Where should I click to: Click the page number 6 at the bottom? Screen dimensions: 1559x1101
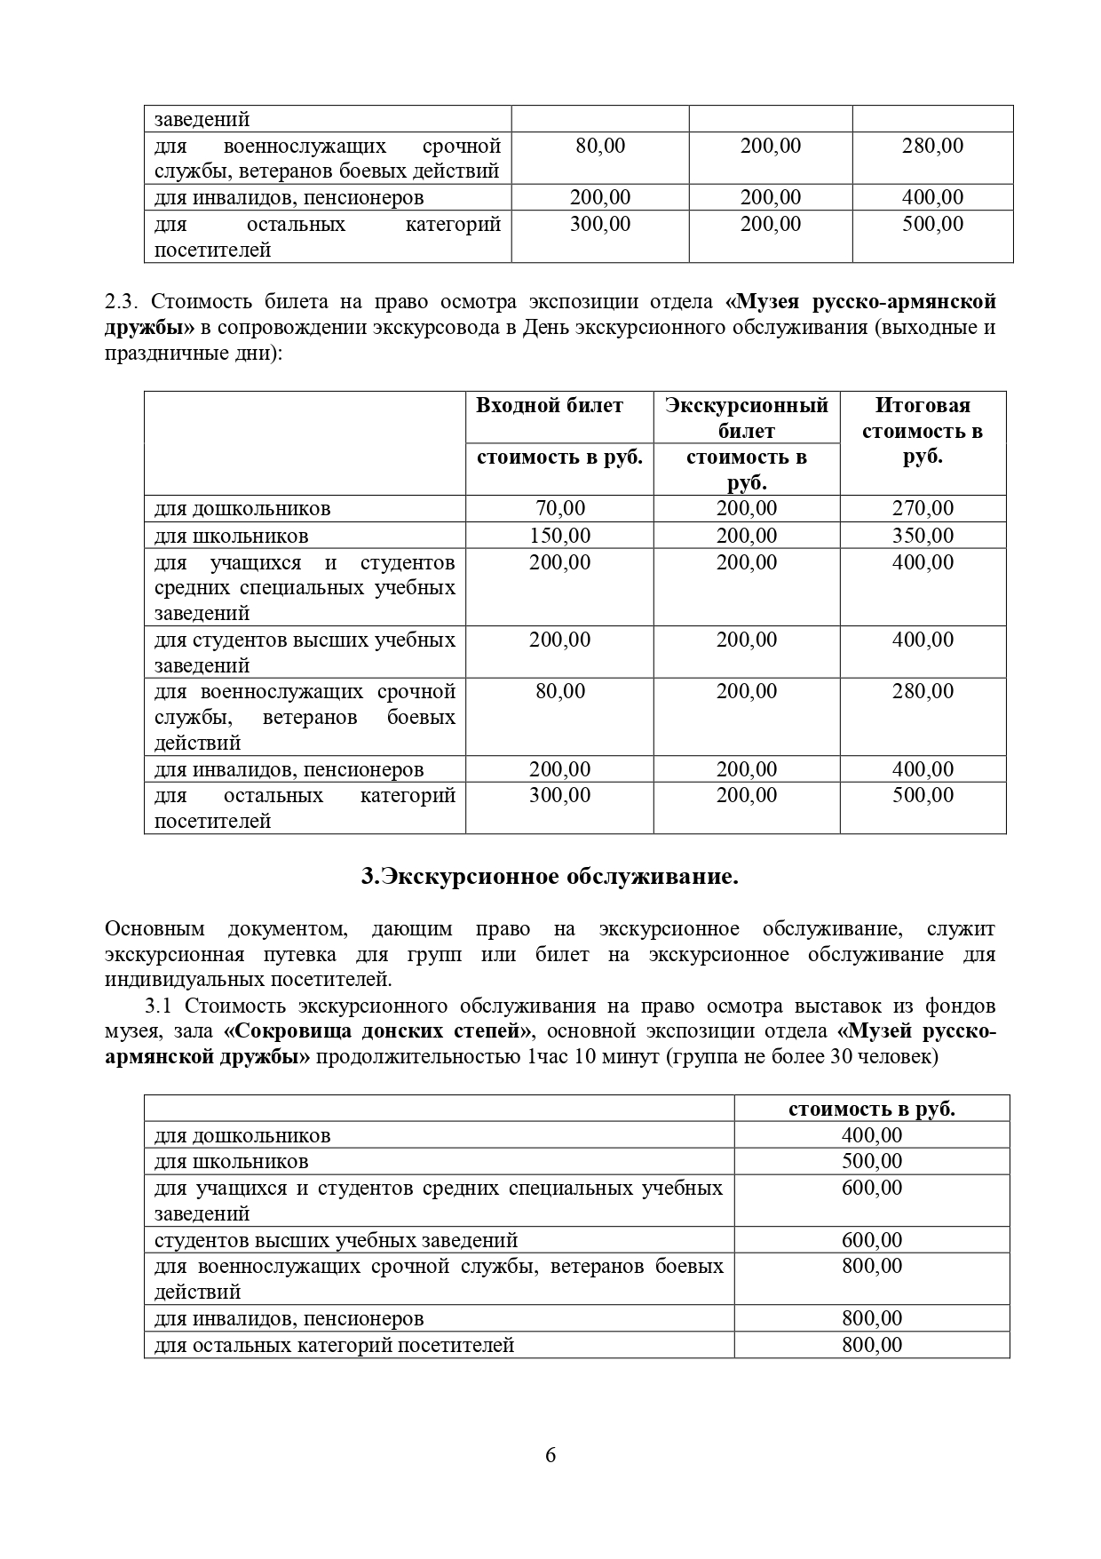click(x=550, y=1455)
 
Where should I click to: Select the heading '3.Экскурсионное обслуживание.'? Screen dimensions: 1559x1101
click(x=550, y=877)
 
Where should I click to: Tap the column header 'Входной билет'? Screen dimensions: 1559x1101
click(x=550, y=406)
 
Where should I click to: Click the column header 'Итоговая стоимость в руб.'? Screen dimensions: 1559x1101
click(x=923, y=431)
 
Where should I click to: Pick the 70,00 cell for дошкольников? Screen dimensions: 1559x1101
click(x=560, y=509)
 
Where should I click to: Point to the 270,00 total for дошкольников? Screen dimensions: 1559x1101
click(x=923, y=509)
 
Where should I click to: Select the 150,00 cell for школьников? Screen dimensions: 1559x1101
click(x=560, y=536)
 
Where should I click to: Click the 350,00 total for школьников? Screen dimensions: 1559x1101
click(x=923, y=536)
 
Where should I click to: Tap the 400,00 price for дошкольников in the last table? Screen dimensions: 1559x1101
click(x=872, y=1135)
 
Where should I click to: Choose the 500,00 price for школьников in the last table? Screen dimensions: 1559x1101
click(x=872, y=1162)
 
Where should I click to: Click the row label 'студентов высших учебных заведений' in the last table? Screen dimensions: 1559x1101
click(x=336, y=1240)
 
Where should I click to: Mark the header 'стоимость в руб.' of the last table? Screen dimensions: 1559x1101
click(x=872, y=1109)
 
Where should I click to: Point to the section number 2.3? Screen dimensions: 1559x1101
click(x=121, y=302)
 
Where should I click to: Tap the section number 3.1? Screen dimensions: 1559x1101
click(x=162, y=1006)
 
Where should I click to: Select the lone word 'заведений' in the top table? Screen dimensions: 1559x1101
click(x=202, y=119)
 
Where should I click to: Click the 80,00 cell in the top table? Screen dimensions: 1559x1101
click(x=600, y=146)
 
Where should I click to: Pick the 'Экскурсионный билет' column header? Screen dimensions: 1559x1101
click(x=747, y=418)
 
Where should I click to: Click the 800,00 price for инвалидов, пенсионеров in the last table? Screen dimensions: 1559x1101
click(x=872, y=1318)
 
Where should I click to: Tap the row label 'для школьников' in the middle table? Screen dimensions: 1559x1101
click(x=232, y=536)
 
